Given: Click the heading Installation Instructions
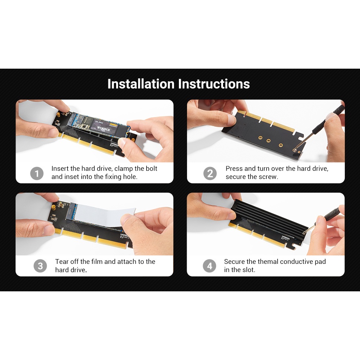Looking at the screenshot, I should pyautogui.click(x=179, y=84).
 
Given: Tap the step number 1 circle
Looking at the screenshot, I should pyautogui.click(x=37, y=173).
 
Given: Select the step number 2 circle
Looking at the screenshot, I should pyautogui.click(x=210, y=173).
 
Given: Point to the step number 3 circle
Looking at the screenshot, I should pyautogui.click(x=40, y=266).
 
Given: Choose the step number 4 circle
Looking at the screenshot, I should pyautogui.click(x=210, y=266).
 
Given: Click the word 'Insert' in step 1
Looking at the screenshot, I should pyautogui.click(x=60, y=168).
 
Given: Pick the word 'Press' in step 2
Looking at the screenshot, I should pyautogui.click(x=234, y=168).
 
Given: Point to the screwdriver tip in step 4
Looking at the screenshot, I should pyautogui.click(x=304, y=232).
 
